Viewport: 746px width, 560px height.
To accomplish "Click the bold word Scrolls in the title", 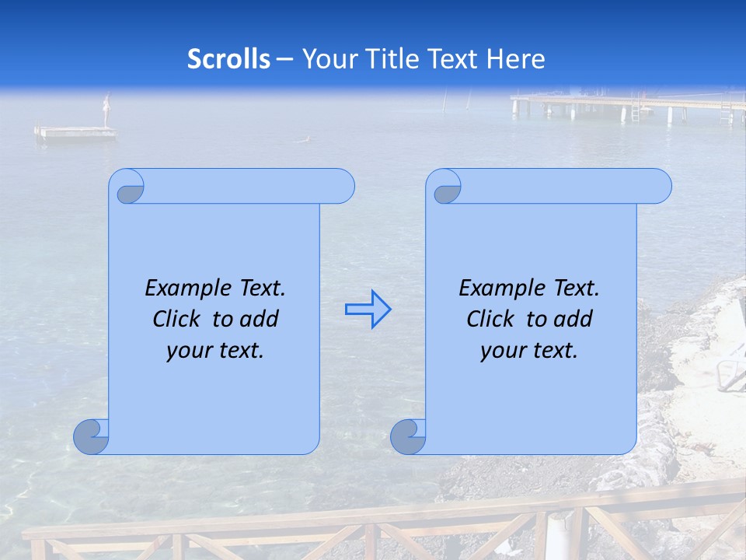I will point(228,59).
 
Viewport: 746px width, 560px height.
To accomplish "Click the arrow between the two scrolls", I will point(368,309).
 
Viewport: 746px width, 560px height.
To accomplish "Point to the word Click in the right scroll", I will point(490,319).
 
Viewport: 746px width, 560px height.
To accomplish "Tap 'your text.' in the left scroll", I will point(215,350).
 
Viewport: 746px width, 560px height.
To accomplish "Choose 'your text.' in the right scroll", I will point(529,350).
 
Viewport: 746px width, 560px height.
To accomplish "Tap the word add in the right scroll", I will point(571,319).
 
